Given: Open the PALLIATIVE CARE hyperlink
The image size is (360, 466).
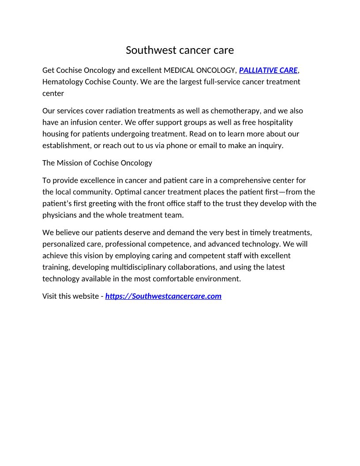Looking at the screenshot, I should click(268, 70).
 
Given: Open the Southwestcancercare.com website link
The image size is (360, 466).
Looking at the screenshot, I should click(163, 296).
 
